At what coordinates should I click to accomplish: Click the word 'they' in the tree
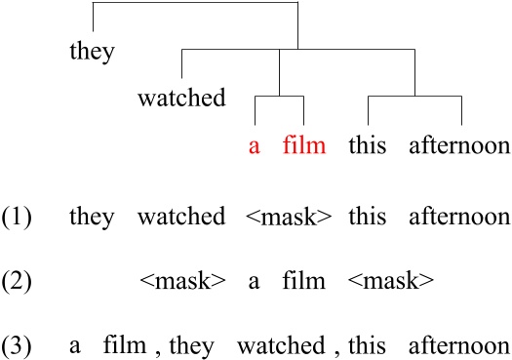tap(92, 52)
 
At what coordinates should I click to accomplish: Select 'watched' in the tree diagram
tap(181, 99)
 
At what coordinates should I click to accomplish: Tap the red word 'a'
tap(255, 148)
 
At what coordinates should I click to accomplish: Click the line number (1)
tap(18, 217)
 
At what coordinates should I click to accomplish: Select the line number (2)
tap(18, 283)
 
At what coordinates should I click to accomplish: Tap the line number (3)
tap(18, 346)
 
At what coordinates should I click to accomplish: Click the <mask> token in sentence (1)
tap(292, 217)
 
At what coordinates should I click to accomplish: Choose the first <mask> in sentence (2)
tap(183, 283)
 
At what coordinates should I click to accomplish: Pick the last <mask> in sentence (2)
tap(391, 283)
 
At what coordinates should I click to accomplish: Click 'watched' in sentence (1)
tap(181, 217)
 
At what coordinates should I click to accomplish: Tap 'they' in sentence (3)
tap(184, 346)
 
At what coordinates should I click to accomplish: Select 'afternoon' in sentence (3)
tap(460, 346)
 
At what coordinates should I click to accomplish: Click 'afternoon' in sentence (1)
tap(461, 217)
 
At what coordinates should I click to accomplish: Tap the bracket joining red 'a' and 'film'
tap(280, 98)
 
